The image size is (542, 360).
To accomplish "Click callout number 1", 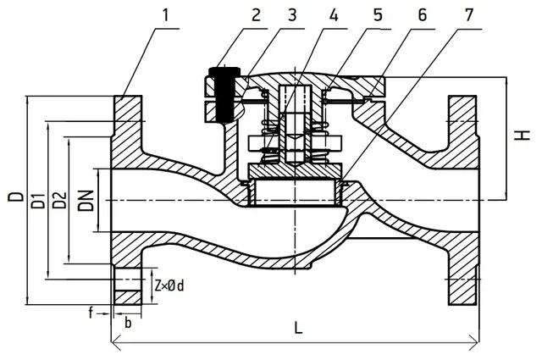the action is (166, 15).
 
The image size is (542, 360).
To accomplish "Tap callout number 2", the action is (256, 15).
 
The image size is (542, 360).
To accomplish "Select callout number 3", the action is (292, 15).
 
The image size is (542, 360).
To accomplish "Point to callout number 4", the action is (334, 15).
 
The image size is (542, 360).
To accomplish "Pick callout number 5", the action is (378, 15).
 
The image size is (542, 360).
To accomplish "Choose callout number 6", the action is (422, 15).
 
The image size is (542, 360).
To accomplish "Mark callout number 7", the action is (468, 15).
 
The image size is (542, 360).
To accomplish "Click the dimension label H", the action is (523, 135).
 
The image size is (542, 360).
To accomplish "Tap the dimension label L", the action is (298, 327).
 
